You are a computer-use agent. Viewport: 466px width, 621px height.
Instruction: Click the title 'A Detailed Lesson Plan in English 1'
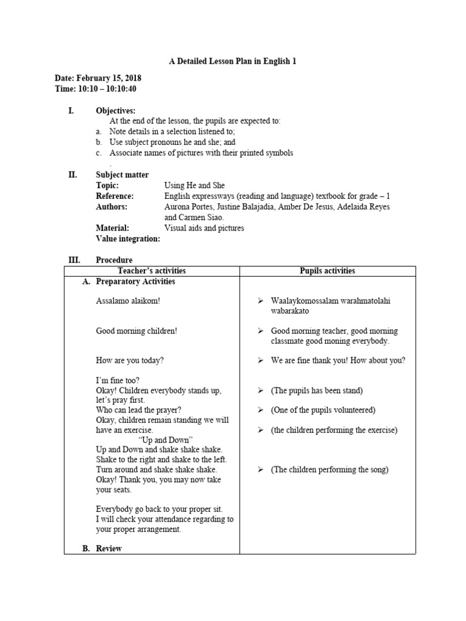tap(232, 61)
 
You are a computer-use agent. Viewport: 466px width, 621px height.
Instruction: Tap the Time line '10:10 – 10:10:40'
tap(95, 89)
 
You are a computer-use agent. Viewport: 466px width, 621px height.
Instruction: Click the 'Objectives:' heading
tap(116, 110)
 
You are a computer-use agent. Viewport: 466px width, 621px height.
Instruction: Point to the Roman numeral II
tap(73, 175)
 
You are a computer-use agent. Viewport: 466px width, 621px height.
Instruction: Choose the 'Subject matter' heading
tap(122, 175)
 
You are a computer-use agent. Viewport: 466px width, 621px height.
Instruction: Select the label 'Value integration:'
tap(128, 239)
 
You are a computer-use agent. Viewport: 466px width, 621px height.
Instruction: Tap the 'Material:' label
tap(112, 228)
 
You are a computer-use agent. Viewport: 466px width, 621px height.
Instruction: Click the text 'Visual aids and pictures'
tap(204, 228)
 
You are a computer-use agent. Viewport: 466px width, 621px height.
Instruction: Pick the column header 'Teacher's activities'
tap(152, 271)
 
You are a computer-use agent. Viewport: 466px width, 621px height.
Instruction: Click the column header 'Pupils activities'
tap(328, 271)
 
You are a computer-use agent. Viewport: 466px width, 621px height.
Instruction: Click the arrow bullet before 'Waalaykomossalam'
tap(260, 301)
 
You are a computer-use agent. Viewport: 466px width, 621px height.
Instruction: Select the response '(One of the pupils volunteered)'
tap(323, 410)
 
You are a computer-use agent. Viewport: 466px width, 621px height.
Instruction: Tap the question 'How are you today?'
tap(130, 360)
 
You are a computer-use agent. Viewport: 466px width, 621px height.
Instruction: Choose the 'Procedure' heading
tap(114, 260)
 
